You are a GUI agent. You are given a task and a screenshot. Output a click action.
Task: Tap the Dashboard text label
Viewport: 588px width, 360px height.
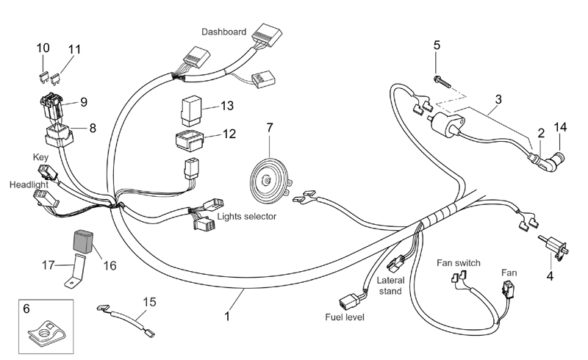(x=225, y=32)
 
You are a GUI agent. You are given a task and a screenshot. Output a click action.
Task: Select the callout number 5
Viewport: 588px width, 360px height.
(x=437, y=46)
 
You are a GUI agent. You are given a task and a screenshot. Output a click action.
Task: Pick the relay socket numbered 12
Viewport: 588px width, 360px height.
(x=189, y=137)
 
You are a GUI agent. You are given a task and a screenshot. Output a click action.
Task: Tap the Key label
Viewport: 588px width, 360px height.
(x=40, y=157)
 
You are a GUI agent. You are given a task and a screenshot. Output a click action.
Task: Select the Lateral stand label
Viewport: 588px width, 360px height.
(x=390, y=287)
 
